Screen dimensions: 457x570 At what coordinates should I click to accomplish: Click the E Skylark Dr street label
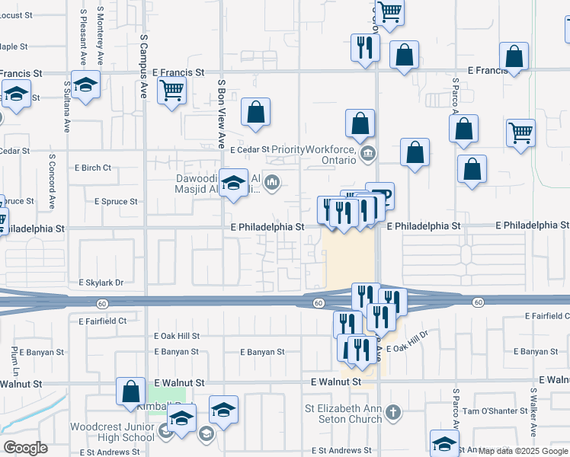[101, 282]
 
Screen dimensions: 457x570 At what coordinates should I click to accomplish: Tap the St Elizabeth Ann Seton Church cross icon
[392, 413]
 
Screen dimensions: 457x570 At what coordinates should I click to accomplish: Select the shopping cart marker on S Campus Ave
[172, 91]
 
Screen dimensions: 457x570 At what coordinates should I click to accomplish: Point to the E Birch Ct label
[92, 168]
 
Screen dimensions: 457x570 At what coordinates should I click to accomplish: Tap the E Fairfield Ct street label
[102, 321]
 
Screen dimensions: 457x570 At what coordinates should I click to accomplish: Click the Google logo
[24, 448]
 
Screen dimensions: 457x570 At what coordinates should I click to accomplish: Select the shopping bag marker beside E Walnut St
[131, 392]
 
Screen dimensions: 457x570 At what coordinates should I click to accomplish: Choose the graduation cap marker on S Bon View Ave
[234, 184]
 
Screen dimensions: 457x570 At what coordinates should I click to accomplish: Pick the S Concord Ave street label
[53, 183]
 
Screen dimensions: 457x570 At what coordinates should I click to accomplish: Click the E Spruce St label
[116, 202]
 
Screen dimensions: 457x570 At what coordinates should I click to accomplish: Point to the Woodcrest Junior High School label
[113, 432]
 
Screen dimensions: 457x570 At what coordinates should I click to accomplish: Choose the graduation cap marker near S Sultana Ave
[85, 86]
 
